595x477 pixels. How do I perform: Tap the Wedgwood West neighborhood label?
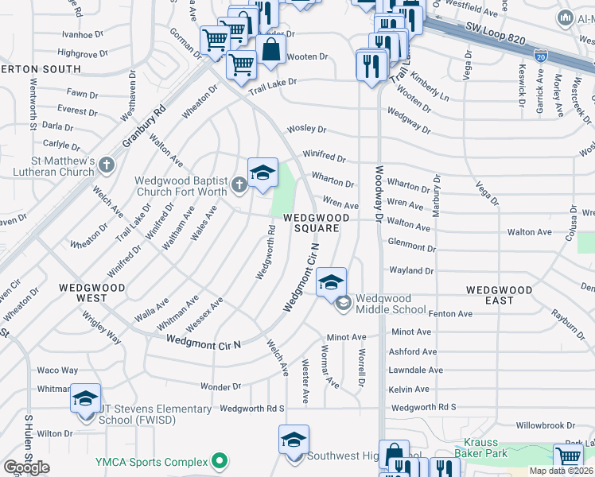point(81,292)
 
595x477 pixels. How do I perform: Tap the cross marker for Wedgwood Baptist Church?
point(239,186)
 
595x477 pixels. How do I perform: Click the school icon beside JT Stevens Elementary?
point(85,399)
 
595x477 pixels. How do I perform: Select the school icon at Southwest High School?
point(294,440)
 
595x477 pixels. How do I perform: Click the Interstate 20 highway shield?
point(541,56)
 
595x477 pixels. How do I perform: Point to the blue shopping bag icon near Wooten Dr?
point(271,49)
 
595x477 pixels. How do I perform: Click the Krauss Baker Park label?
point(476,448)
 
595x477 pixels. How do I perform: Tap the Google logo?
point(26,467)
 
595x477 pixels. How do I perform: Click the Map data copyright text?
point(561,471)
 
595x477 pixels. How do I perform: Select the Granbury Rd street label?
point(142,129)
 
